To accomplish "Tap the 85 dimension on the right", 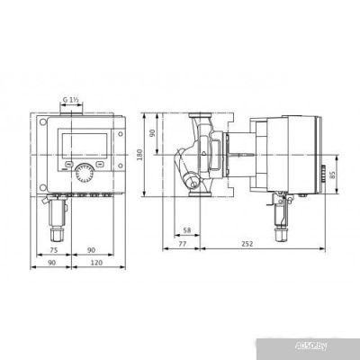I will click(x=335, y=176).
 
